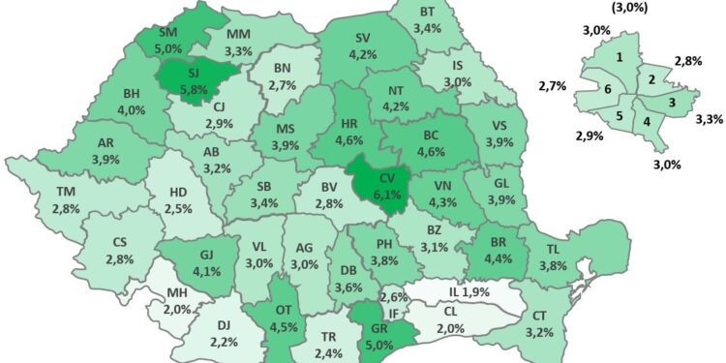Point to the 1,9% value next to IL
click(475, 291)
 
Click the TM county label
click(67, 192)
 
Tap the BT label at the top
click(427, 13)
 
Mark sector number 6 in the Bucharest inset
click(606, 90)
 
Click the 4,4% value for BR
click(496, 259)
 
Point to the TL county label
click(553, 247)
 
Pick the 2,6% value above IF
click(393, 297)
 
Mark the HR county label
click(351, 125)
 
